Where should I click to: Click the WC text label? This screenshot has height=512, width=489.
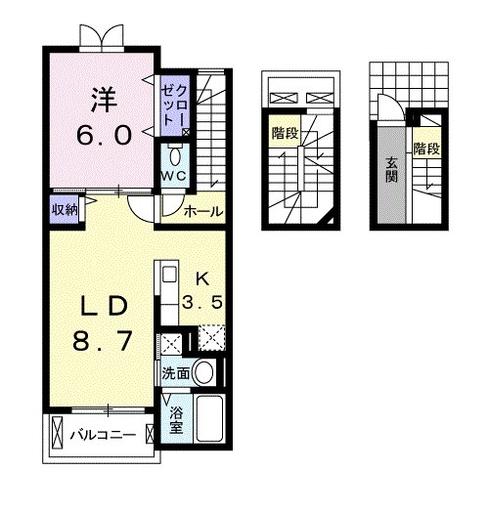coord(175,175)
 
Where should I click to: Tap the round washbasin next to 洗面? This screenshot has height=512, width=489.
coord(205,371)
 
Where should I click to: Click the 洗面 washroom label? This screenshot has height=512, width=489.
coord(175,372)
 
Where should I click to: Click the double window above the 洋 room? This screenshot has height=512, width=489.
coord(103,36)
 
